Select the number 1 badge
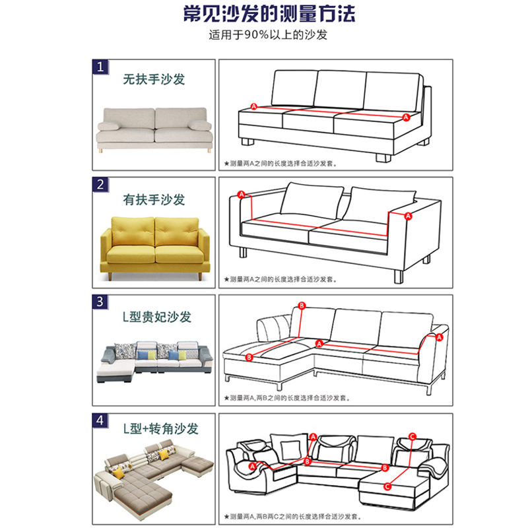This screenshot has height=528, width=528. [100, 67]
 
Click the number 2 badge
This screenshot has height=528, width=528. [100, 185]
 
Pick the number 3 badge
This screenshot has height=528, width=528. [100, 302]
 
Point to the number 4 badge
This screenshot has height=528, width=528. [100, 420]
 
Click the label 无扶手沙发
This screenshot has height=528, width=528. [154, 79]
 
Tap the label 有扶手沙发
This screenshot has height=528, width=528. [154, 199]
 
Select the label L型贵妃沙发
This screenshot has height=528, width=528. [157, 317]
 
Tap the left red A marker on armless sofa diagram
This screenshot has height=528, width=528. [253, 106]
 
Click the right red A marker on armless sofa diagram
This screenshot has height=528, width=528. [406, 116]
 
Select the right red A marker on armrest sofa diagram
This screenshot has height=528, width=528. [408, 216]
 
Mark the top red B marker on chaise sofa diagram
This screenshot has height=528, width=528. [302, 306]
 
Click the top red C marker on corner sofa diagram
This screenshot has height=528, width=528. [412, 436]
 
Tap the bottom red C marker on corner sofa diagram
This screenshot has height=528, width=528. [387, 486]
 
